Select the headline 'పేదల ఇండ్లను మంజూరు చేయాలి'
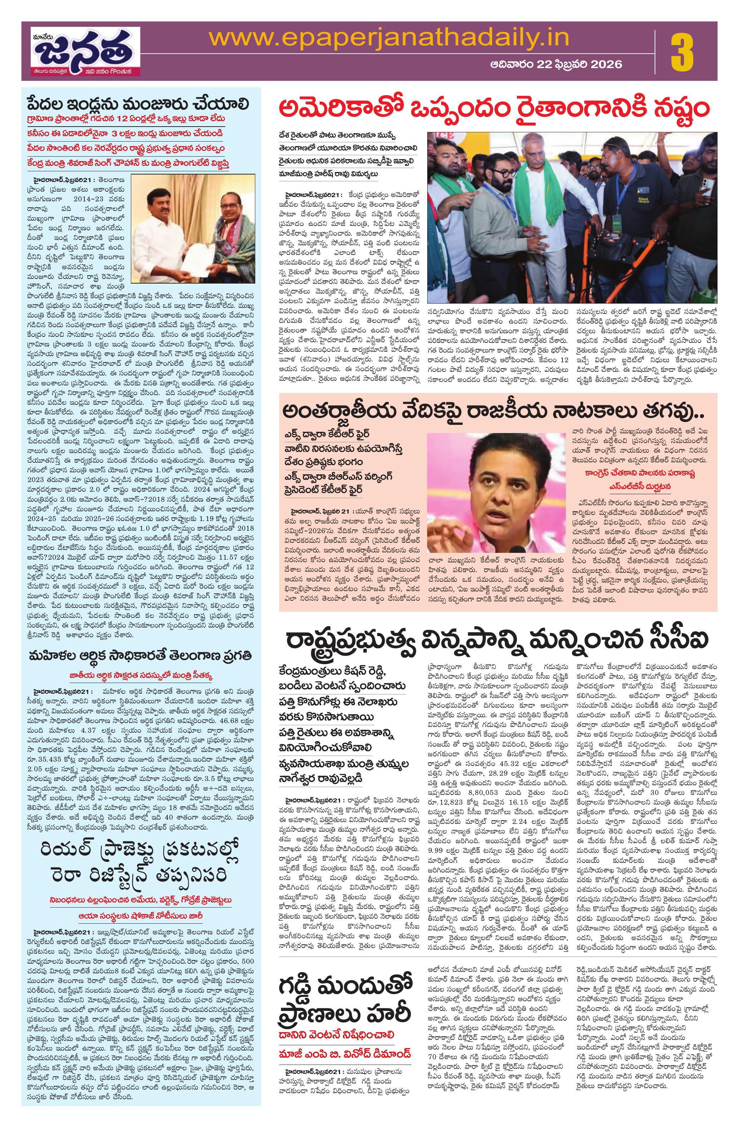pos(138,104)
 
